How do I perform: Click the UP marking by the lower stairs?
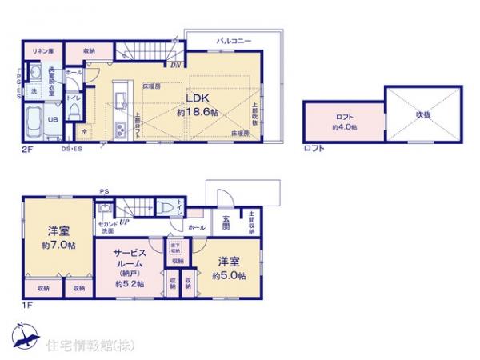point(125,222)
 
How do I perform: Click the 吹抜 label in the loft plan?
point(424,115)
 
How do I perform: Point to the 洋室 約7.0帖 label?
point(58,237)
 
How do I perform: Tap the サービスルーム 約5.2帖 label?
point(129,268)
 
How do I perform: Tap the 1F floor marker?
point(27,303)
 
